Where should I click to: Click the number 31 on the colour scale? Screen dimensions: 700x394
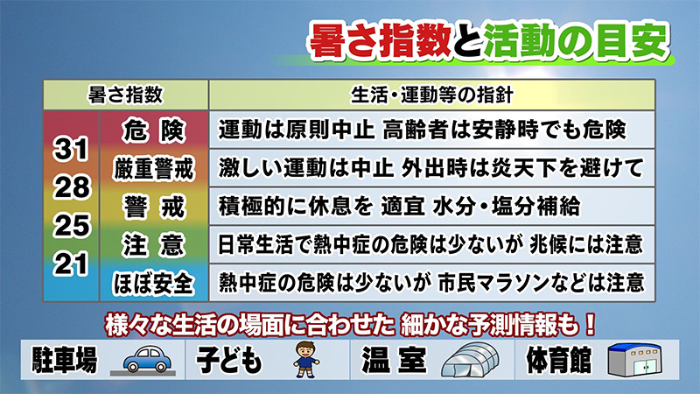pos(71,149)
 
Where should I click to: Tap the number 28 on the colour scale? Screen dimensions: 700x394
pos(72,187)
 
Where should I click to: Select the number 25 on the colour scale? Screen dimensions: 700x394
pos(72,225)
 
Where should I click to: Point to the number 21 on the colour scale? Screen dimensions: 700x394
pos(71,264)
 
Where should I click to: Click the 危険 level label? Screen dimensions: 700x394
pos(154,130)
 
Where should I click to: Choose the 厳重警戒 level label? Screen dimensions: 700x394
pos(154,169)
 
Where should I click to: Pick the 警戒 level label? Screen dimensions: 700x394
pos(154,208)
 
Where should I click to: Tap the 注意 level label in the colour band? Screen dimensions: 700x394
pos(154,245)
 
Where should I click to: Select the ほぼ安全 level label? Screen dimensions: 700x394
pos(154,284)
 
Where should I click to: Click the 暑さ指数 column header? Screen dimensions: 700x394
pos(125,95)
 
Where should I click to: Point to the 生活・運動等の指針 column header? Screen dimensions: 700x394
pos(431,95)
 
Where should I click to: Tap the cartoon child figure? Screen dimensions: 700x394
pos(306,360)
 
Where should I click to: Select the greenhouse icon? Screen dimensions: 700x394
pos(470,360)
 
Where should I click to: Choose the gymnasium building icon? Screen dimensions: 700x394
pos(635,360)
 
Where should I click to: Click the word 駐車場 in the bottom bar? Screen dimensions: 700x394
pos(64,360)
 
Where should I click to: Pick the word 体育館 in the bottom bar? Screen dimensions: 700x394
pos(559,360)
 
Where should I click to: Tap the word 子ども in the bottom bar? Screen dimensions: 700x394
pos(229,360)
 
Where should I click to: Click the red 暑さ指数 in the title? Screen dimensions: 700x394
pos(380,40)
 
